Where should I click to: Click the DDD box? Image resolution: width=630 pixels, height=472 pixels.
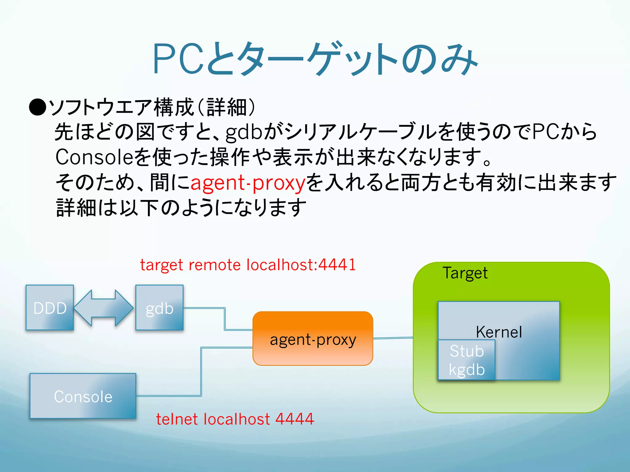tap(50, 308)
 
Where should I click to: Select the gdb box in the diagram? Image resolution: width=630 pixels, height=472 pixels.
tap(159, 308)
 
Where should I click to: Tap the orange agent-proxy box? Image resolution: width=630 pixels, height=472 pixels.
tap(313, 338)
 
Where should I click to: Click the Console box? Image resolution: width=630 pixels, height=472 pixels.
tap(83, 396)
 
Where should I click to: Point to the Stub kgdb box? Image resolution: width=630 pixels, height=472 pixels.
tap(466, 360)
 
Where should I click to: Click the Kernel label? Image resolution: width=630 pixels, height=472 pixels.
tap(499, 332)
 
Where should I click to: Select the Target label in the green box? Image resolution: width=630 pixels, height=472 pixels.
tap(465, 273)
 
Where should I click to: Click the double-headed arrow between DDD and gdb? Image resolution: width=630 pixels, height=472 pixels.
tap(104, 308)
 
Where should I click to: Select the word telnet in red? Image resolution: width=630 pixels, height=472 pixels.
tap(177, 419)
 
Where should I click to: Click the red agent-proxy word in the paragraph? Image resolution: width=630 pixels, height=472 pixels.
tap(248, 183)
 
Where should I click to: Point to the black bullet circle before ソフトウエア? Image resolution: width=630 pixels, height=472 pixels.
tap(38, 107)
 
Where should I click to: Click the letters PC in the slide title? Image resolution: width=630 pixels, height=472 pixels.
tap(179, 59)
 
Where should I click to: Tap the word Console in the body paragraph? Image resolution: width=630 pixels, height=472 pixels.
tap(94, 157)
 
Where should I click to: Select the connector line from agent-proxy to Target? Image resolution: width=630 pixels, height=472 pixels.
tap(393, 338)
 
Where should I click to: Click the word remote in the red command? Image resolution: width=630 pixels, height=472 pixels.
tap(214, 265)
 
